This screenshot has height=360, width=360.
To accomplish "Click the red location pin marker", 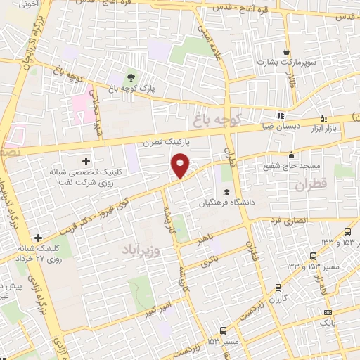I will click(x=181, y=165).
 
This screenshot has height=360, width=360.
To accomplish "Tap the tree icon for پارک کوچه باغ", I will click(x=131, y=77).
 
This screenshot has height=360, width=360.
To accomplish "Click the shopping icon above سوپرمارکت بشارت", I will click(x=286, y=51).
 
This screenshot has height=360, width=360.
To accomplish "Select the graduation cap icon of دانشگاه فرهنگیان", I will click(x=226, y=192).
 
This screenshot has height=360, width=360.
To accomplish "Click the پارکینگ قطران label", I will click(x=167, y=143).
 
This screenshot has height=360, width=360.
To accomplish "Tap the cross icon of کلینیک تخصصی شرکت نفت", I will click(x=86, y=161).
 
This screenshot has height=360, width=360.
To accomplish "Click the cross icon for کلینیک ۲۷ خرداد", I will click(x=38, y=238).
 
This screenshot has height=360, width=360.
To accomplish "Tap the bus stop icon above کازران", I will click(x=278, y=287).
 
